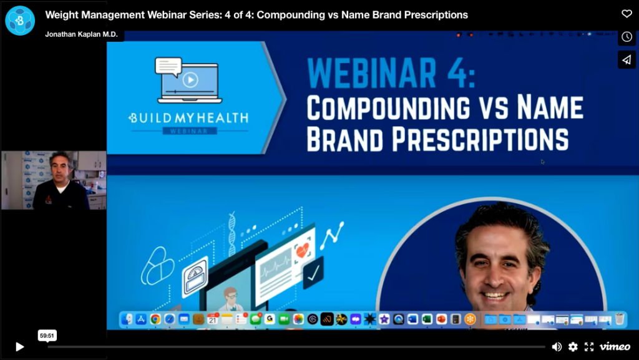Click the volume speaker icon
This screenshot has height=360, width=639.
[x=557, y=347]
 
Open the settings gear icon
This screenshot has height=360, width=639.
[x=573, y=347]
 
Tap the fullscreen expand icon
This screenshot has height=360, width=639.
[x=588, y=347]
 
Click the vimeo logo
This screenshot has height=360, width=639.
[x=615, y=347]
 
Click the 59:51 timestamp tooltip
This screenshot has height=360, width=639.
[x=47, y=335]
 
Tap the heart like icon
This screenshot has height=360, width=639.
[x=627, y=14]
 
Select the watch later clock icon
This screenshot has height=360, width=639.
[x=627, y=37]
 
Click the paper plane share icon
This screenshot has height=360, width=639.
[x=627, y=59]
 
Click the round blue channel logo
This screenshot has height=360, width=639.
[x=20, y=20]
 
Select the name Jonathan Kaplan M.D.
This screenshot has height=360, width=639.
[x=82, y=34]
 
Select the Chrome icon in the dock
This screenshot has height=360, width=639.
[x=155, y=319]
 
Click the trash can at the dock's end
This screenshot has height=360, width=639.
[x=620, y=319]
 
